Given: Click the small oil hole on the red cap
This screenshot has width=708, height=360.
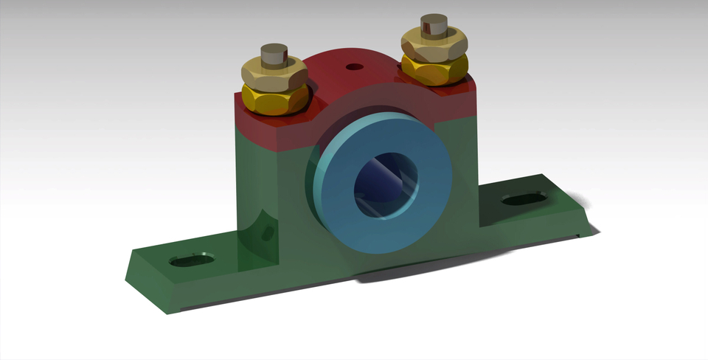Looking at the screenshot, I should [x=355, y=67].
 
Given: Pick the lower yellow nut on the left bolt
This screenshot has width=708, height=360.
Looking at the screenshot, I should [x=276, y=100].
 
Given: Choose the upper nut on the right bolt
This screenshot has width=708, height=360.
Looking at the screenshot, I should [x=434, y=46].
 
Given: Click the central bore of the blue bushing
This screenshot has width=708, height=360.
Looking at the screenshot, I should [x=385, y=184].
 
